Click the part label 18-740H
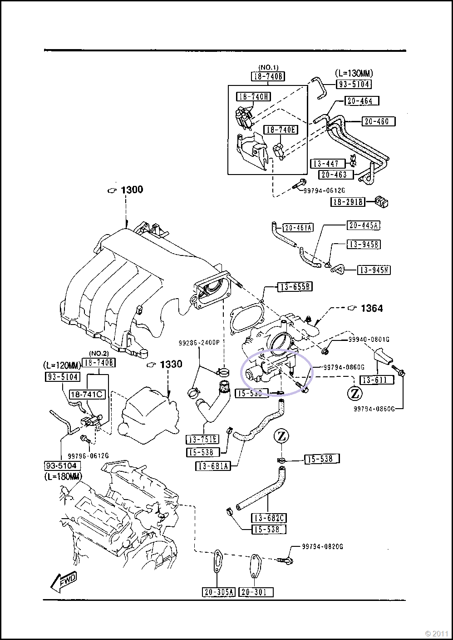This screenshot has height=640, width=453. [x=253, y=96]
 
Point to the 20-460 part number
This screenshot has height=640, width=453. [x=379, y=121]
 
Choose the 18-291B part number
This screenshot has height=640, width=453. [x=348, y=202]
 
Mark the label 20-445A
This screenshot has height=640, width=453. [x=364, y=225]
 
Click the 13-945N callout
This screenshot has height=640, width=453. [x=374, y=270]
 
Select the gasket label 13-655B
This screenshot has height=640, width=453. [x=295, y=286]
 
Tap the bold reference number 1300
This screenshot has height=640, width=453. [x=132, y=190]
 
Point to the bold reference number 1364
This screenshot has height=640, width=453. [x=371, y=308]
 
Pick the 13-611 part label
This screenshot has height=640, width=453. [x=376, y=380]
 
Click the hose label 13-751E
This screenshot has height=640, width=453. [x=202, y=439]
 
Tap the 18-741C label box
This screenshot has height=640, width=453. [x=87, y=394]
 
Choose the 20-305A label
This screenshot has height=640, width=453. [x=218, y=592]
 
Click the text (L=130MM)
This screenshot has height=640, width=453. [x=354, y=73]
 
